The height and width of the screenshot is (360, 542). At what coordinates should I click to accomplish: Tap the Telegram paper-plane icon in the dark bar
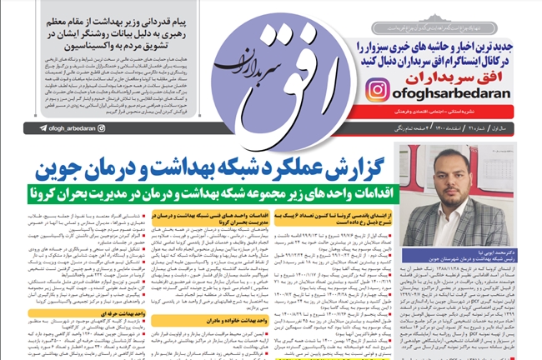[x=43, y=128]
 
